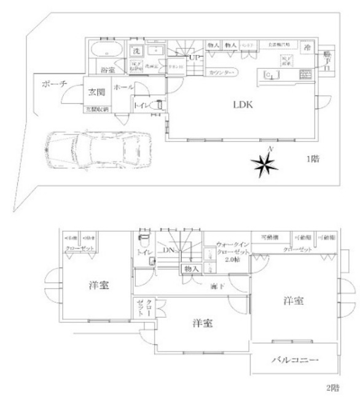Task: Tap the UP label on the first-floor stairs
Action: pos(195,58)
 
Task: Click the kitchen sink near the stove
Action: pos(272,75)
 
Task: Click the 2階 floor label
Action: pos(332,387)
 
